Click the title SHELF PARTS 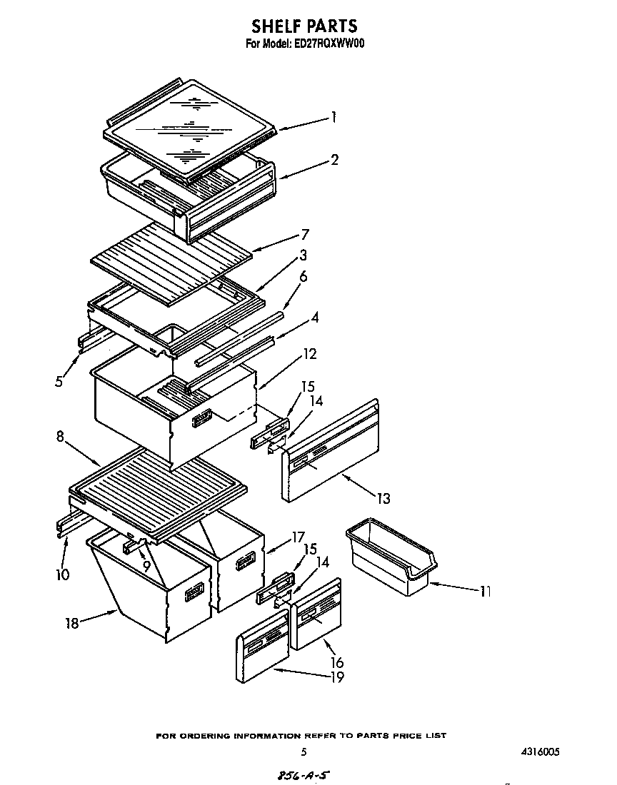304,26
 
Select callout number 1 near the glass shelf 333,118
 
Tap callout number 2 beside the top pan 334,159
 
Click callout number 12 310,354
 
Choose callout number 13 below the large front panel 383,498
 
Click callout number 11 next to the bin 485,591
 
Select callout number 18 71,623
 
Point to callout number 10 62,574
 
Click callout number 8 61,437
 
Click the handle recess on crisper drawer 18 194,592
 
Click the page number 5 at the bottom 304,751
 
